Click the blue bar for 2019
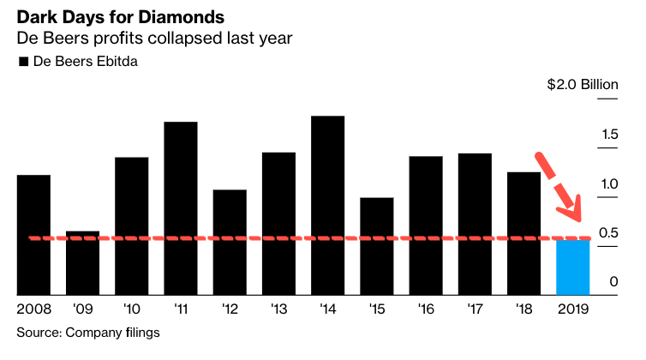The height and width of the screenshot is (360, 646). pyautogui.click(x=572, y=267)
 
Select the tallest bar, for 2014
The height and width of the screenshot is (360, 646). pyautogui.click(x=328, y=206)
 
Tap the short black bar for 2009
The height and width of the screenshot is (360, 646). pyautogui.click(x=83, y=263)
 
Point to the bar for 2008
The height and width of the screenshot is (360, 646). pyautogui.click(x=33, y=235)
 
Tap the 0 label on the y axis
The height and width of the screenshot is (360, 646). pyautogui.click(x=613, y=282)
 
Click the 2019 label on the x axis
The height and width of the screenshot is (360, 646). pyautogui.click(x=573, y=309)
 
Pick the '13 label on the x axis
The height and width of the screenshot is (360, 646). pyautogui.click(x=278, y=309)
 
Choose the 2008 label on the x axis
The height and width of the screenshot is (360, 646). pyautogui.click(x=33, y=309)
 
